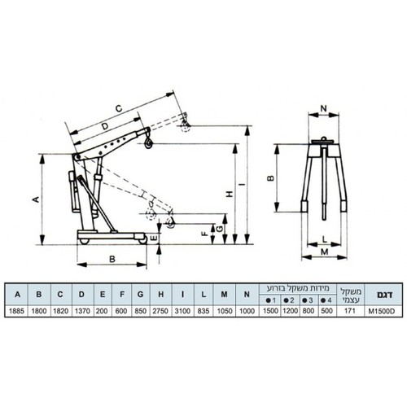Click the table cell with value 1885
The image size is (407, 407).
tap(16, 311)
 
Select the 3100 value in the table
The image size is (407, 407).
tap(182, 311)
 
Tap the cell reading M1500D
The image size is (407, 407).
tap(382, 311)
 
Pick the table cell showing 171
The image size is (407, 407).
tap(350, 311)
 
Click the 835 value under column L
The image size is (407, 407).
tap(203, 311)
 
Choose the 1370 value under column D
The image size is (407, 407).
tap(82, 311)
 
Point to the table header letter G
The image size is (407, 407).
tap(140, 295)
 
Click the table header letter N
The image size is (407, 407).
tap(247, 295)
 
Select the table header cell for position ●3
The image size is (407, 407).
tap(308, 300)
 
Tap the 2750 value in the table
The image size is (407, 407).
tap(160, 311)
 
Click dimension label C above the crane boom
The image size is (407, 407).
tap(119, 108)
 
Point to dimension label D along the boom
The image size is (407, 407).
tap(105, 126)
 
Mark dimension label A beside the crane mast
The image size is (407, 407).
tap(36, 199)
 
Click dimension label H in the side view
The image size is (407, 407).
tap(230, 194)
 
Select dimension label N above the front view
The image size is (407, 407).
tap(324, 109)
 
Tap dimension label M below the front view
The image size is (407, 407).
tap(325, 252)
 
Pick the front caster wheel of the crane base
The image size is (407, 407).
tap(142, 240)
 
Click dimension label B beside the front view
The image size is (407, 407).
tap(271, 178)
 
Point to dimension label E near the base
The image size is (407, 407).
tap(154, 239)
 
